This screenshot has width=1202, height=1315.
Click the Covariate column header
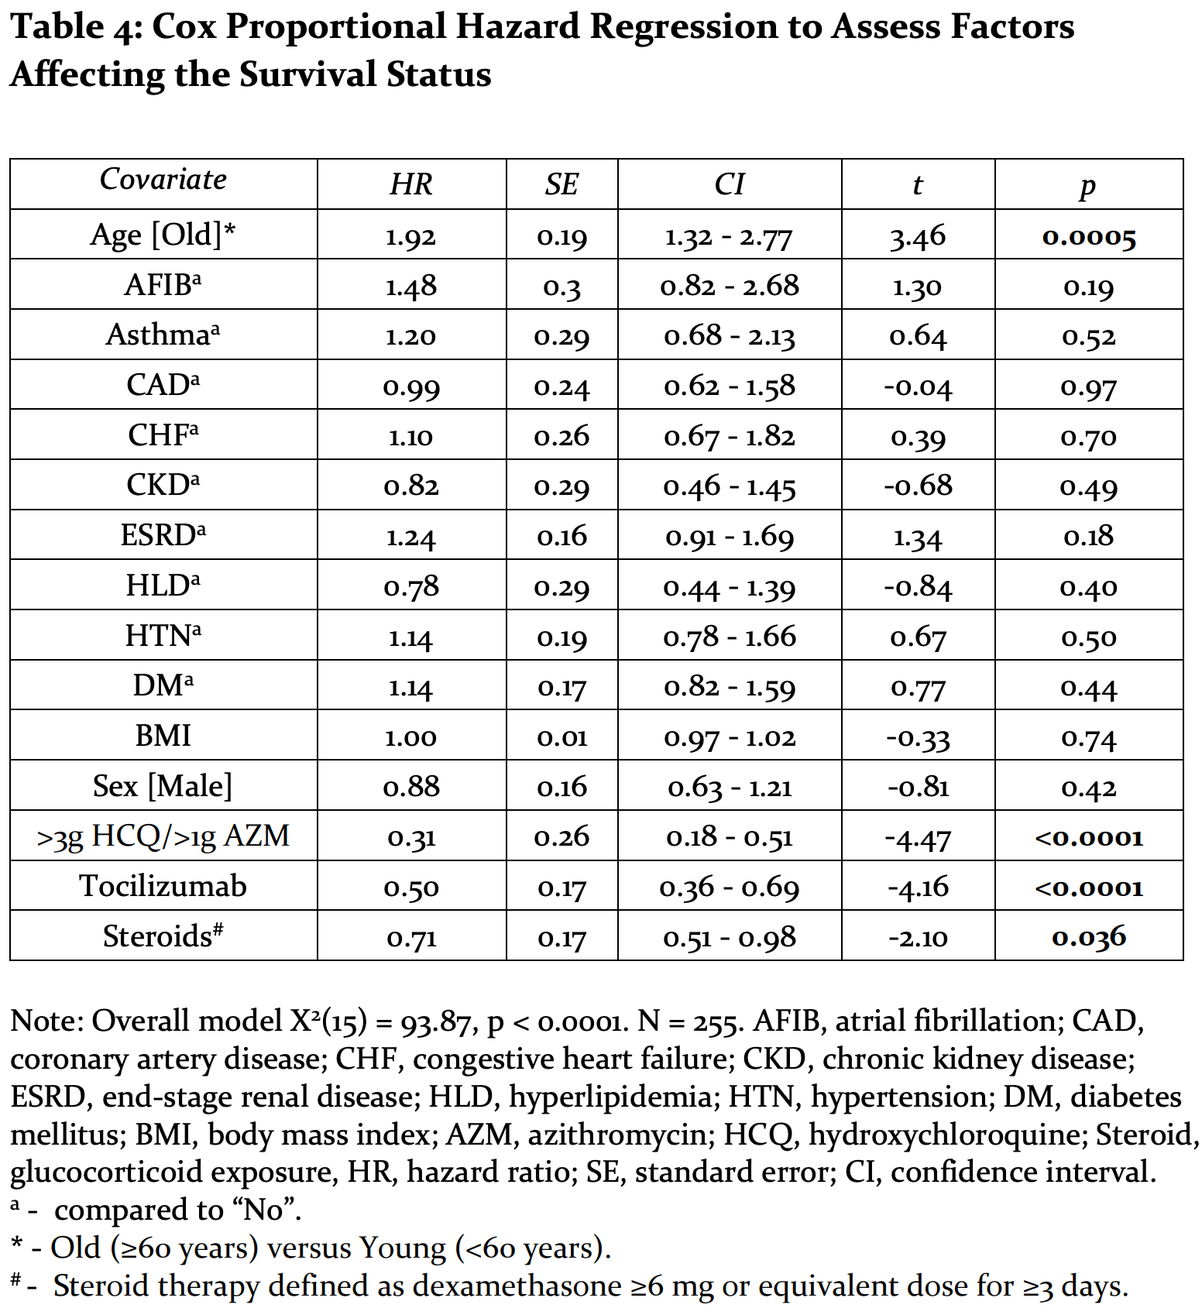163,180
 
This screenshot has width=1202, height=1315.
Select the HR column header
411,184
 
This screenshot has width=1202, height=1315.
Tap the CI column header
730,184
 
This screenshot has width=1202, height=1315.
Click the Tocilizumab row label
163,886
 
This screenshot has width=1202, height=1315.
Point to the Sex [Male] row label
163,786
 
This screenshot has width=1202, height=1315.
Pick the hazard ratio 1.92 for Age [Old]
411,236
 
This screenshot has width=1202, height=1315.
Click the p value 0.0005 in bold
1089,237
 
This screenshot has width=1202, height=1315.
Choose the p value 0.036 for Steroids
1089,938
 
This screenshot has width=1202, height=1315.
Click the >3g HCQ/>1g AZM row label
163,837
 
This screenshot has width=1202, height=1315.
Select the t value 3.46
918,237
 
